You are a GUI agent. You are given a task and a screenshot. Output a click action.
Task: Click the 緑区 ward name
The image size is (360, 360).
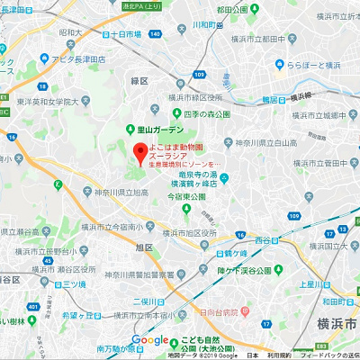coord(139,80)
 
